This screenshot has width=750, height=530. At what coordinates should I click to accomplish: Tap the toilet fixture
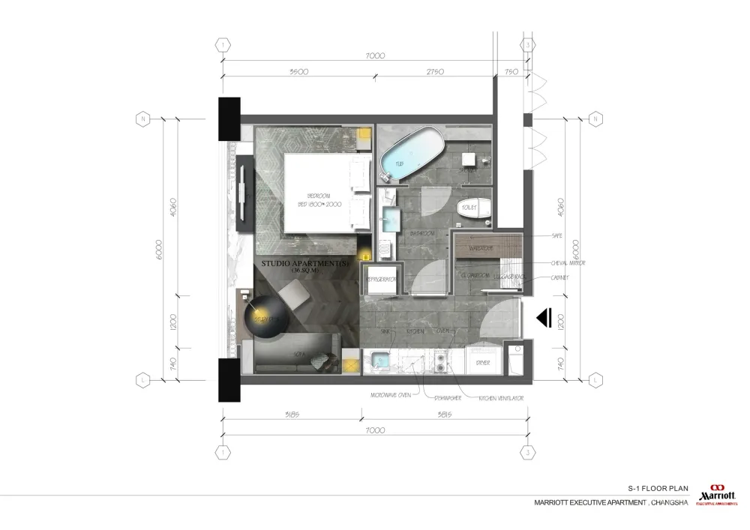click(471, 208)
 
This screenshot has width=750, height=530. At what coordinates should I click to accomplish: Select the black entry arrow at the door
click(545, 319)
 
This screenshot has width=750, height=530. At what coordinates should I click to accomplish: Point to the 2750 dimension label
click(436, 73)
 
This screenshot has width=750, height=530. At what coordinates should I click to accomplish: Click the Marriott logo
click(718, 494)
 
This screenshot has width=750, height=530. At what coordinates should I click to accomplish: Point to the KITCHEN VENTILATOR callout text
click(501, 398)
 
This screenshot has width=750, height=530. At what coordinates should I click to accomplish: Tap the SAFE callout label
click(556, 235)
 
